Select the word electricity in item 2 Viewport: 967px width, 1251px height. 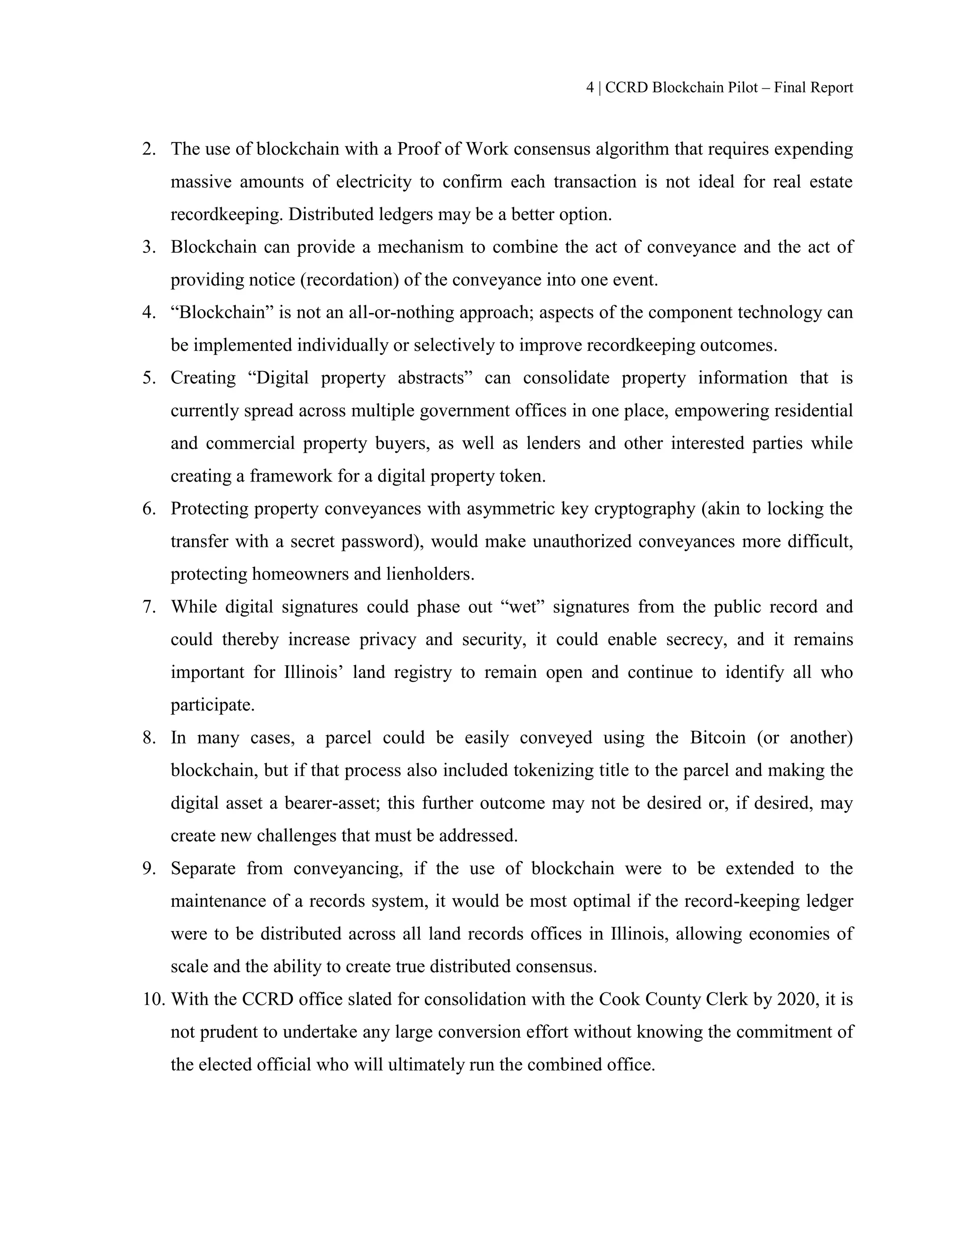click(x=373, y=182)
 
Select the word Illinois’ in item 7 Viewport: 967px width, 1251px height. click(x=314, y=672)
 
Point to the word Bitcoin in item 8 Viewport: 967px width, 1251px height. click(x=718, y=737)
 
